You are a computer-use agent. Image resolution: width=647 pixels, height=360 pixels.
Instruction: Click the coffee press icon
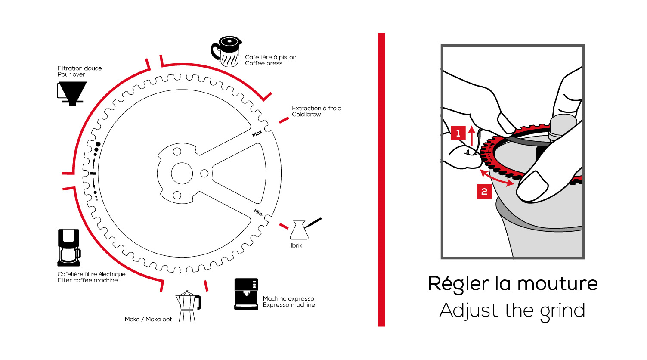(x=227, y=51)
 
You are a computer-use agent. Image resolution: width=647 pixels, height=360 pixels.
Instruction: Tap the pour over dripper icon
(x=72, y=93)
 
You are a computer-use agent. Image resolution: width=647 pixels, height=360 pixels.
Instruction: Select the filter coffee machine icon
(x=69, y=248)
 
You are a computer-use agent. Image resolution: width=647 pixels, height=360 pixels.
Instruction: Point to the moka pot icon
(x=188, y=306)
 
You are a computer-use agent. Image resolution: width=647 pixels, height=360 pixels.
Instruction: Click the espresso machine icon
(x=246, y=294)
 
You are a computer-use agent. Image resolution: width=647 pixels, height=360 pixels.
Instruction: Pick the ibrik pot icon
(x=301, y=230)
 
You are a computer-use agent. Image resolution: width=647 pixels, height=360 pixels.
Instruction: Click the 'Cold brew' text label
(x=306, y=115)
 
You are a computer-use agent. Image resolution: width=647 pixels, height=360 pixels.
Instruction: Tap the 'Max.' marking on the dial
(x=257, y=133)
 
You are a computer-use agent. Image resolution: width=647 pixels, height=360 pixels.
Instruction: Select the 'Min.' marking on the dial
(x=258, y=212)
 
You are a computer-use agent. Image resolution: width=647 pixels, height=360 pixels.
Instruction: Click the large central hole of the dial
(x=182, y=174)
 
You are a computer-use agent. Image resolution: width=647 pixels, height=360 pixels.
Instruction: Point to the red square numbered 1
(x=458, y=133)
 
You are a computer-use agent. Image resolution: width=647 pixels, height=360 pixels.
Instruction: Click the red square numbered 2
(x=484, y=192)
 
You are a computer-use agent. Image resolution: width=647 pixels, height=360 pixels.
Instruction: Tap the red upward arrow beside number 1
(x=472, y=135)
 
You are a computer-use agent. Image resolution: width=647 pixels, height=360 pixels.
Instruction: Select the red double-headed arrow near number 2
(x=497, y=178)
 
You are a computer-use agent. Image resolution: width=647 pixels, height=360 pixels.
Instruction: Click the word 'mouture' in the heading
(x=557, y=284)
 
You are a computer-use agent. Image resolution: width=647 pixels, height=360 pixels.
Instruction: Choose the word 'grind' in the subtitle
(x=563, y=311)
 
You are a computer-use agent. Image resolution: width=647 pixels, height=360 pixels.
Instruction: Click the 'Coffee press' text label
(x=263, y=63)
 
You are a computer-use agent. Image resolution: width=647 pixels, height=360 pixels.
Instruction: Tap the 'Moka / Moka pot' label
(x=148, y=320)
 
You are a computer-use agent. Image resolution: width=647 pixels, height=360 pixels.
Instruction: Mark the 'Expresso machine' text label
(x=289, y=305)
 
